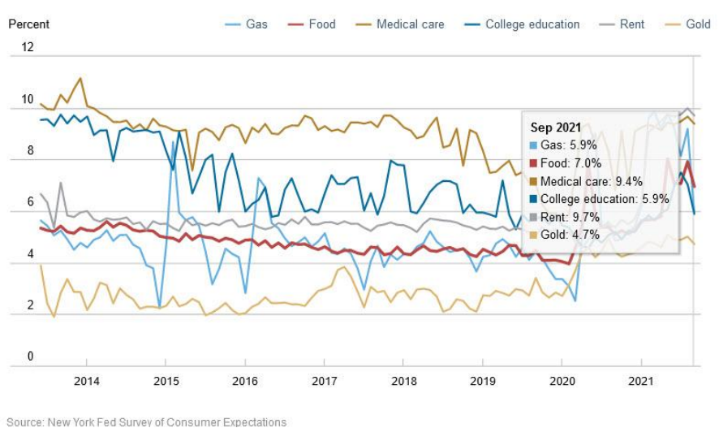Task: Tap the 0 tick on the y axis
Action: (x=31, y=357)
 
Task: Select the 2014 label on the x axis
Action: (x=87, y=381)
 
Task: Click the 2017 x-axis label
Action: (x=325, y=381)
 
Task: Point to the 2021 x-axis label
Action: (x=641, y=381)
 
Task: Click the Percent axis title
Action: (x=28, y=24)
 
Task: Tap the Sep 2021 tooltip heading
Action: (x=557, y=128)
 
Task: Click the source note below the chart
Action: (x=146, y=422)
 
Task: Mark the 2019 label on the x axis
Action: (x=483, y=381)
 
